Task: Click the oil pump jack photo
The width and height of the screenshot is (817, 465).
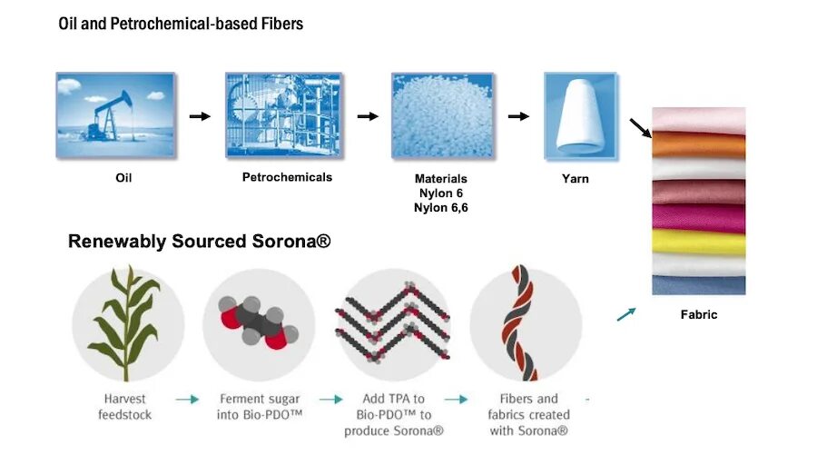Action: click(115, 110)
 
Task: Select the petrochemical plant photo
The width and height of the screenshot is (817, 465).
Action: click(284, 110)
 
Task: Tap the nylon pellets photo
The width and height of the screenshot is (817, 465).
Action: click(436, 110)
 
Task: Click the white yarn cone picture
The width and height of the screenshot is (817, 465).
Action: click(575, 110)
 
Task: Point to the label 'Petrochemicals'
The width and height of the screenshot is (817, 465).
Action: click(287, 177)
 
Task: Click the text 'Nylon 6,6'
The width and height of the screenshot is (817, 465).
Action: click(441, 208)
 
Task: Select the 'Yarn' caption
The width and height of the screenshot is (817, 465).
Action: click(576, 179)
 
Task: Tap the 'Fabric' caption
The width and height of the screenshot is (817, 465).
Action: click(699, 314)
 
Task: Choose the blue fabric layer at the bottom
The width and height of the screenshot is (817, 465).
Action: click(699, 284)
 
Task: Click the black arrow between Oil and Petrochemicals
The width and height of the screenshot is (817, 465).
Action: click(199, 116)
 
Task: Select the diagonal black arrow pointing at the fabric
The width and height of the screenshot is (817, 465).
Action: click(641, 128)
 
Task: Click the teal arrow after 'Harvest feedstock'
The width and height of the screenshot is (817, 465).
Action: click(187, 399)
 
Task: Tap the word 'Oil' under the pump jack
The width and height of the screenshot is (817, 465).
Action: click(123, 178)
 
